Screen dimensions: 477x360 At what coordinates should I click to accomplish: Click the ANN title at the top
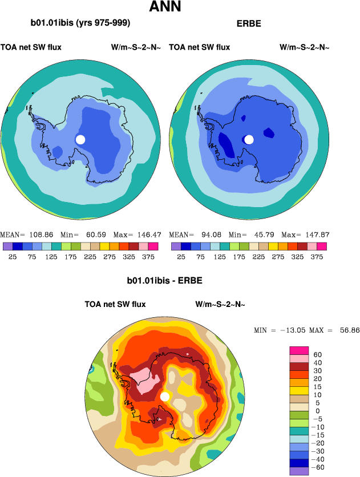(165, 8)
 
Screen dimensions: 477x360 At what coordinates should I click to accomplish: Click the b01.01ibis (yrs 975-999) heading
(80, 23)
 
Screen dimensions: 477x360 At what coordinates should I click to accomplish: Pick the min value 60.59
(95, 235)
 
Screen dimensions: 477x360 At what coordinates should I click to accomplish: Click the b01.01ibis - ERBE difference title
(164, 281)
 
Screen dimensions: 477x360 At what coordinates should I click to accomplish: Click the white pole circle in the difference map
(165, 396)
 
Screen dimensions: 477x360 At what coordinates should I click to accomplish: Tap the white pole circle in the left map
(80, 139)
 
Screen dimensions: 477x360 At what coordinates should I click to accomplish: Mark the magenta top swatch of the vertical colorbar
(299, 350)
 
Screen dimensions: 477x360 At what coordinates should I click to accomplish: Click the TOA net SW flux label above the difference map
(115, 304)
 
